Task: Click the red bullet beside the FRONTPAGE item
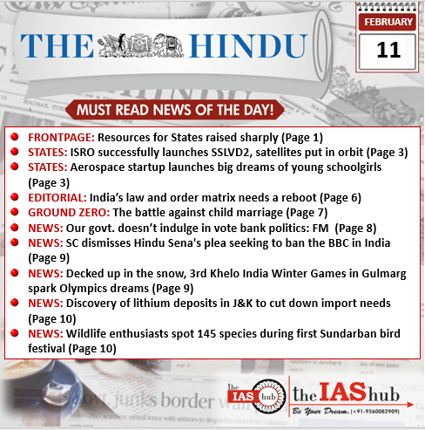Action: point(16,138)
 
